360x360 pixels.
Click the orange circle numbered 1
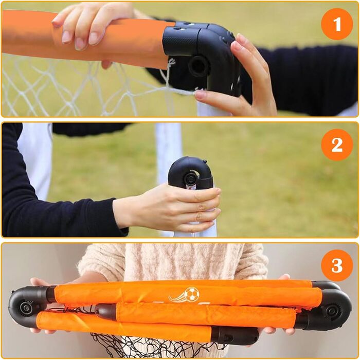[x=337, y=24]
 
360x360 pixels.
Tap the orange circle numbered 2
[x=337, y=145]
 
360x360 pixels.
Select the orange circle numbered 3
[x=337, y=265]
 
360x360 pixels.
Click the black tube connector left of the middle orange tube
[x=106, y=312]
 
